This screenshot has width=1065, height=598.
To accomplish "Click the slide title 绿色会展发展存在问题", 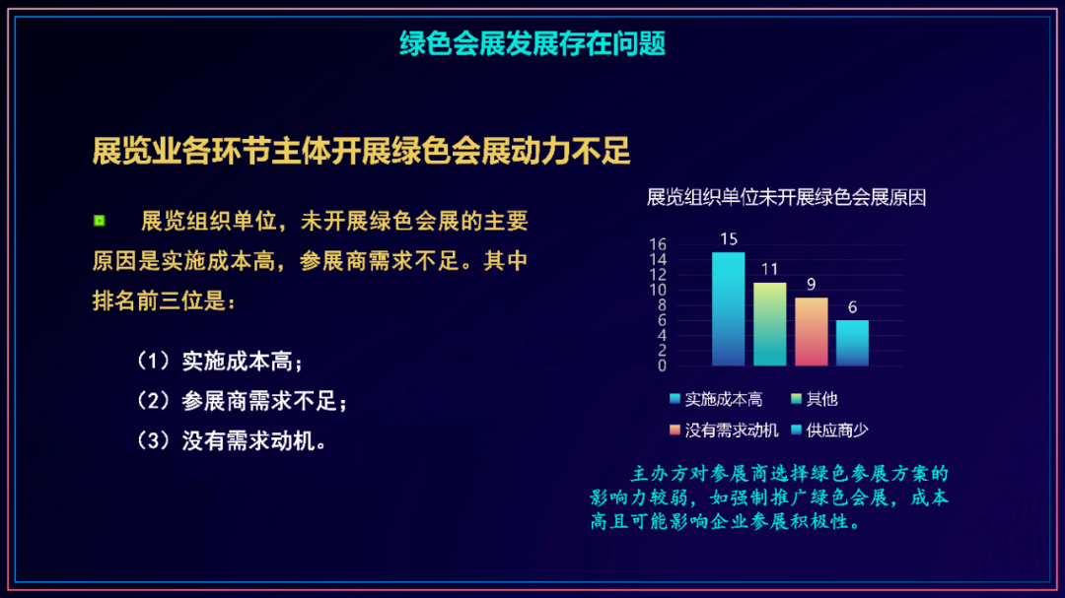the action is [x=532, y=44].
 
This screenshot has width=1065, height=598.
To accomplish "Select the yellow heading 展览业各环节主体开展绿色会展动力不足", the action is [x=361, y=151].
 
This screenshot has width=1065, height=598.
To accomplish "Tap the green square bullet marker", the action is [x=100, y=221].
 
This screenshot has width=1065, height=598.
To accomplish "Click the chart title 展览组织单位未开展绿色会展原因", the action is [x=786, y=197].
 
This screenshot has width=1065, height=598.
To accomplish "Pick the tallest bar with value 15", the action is [x=728, y=308].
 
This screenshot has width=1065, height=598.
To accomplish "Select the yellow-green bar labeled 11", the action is [x=769, y=324].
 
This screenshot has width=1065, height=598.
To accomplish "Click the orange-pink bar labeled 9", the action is [x=811, y=332].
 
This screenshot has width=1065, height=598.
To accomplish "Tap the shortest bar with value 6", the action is [x=852, y=343].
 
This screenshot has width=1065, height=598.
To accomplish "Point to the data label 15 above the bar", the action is [x=728, y=239].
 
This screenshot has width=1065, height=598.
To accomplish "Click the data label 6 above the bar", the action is [x=852, y=306].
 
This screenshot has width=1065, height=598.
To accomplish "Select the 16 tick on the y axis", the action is [x=658, y=244].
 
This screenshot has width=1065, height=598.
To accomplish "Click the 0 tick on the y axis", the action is [x=663, y=365].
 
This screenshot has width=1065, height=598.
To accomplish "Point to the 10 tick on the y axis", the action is [x=658, y=290].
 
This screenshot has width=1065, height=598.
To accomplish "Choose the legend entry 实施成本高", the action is [x=716, y=399].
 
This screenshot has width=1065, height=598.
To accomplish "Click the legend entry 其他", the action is [x=815, y=399].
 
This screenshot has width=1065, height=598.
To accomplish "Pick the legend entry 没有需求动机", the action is [x=724, y=431].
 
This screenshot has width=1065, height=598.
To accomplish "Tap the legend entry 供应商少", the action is [x=830, y=431].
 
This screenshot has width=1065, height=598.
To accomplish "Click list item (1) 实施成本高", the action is [x=220, y=362].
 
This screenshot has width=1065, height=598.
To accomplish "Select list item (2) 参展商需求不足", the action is [x=243, y=401].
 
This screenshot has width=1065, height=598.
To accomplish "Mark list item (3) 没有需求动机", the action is [x=233, y=441].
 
